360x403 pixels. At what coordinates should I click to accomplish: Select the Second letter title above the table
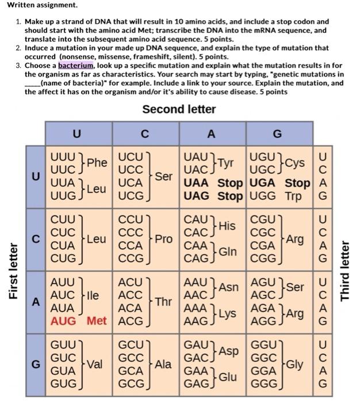(179, 109)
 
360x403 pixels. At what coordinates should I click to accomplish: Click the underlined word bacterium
(78, 66)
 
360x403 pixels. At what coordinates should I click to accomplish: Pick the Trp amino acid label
(296, 196)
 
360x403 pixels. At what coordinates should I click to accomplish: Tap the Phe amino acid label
(97, 163)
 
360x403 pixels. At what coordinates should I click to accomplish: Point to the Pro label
(163, 238)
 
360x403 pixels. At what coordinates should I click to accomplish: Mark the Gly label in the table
(294, 364)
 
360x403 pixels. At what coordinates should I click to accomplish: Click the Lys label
(227, 314)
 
